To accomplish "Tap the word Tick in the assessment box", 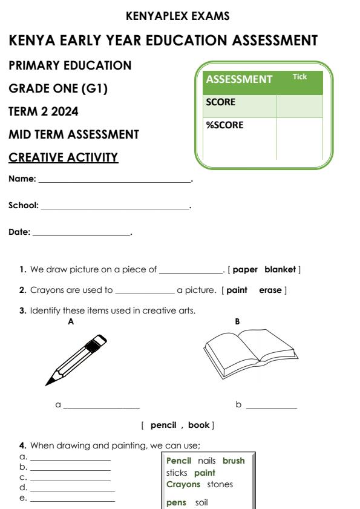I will point(300,77).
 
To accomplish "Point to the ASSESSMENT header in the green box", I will point(240,80).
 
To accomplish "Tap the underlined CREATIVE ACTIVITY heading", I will point(64,157).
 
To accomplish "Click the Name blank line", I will point(114,182).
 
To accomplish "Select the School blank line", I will point(115,208).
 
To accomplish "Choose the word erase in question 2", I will point(270,291).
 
